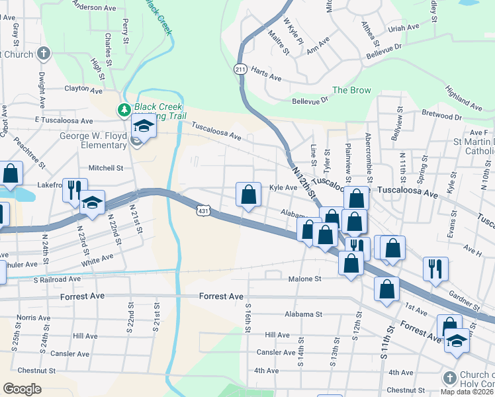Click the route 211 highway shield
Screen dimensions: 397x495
tap(240, 69)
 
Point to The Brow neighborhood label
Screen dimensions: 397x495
tap(351, 91)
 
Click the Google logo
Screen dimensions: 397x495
tap(22, 388)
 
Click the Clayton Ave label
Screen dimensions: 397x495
tap(83, 89)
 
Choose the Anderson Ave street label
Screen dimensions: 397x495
tap(95, 7)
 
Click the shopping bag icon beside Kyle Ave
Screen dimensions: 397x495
tap(249, 195)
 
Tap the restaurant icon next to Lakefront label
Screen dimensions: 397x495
tap(73, 190)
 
